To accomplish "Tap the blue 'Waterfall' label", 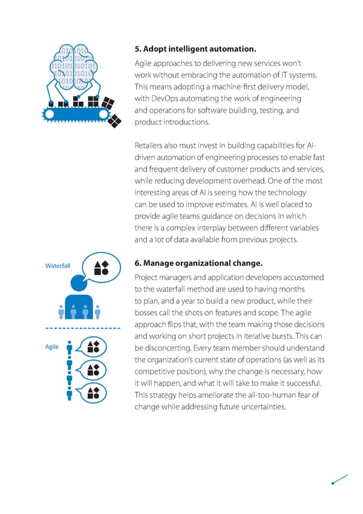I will [x=58, y=265].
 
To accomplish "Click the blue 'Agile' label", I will [x=52, y=347].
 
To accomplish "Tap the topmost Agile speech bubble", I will [x=93, y=347].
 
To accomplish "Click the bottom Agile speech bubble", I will [x=93, y=392].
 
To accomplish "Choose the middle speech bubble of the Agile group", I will [x=93, y=370].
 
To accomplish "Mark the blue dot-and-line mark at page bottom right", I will [x=339, y=479].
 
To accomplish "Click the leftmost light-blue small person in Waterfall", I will [x=60, y=310].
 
